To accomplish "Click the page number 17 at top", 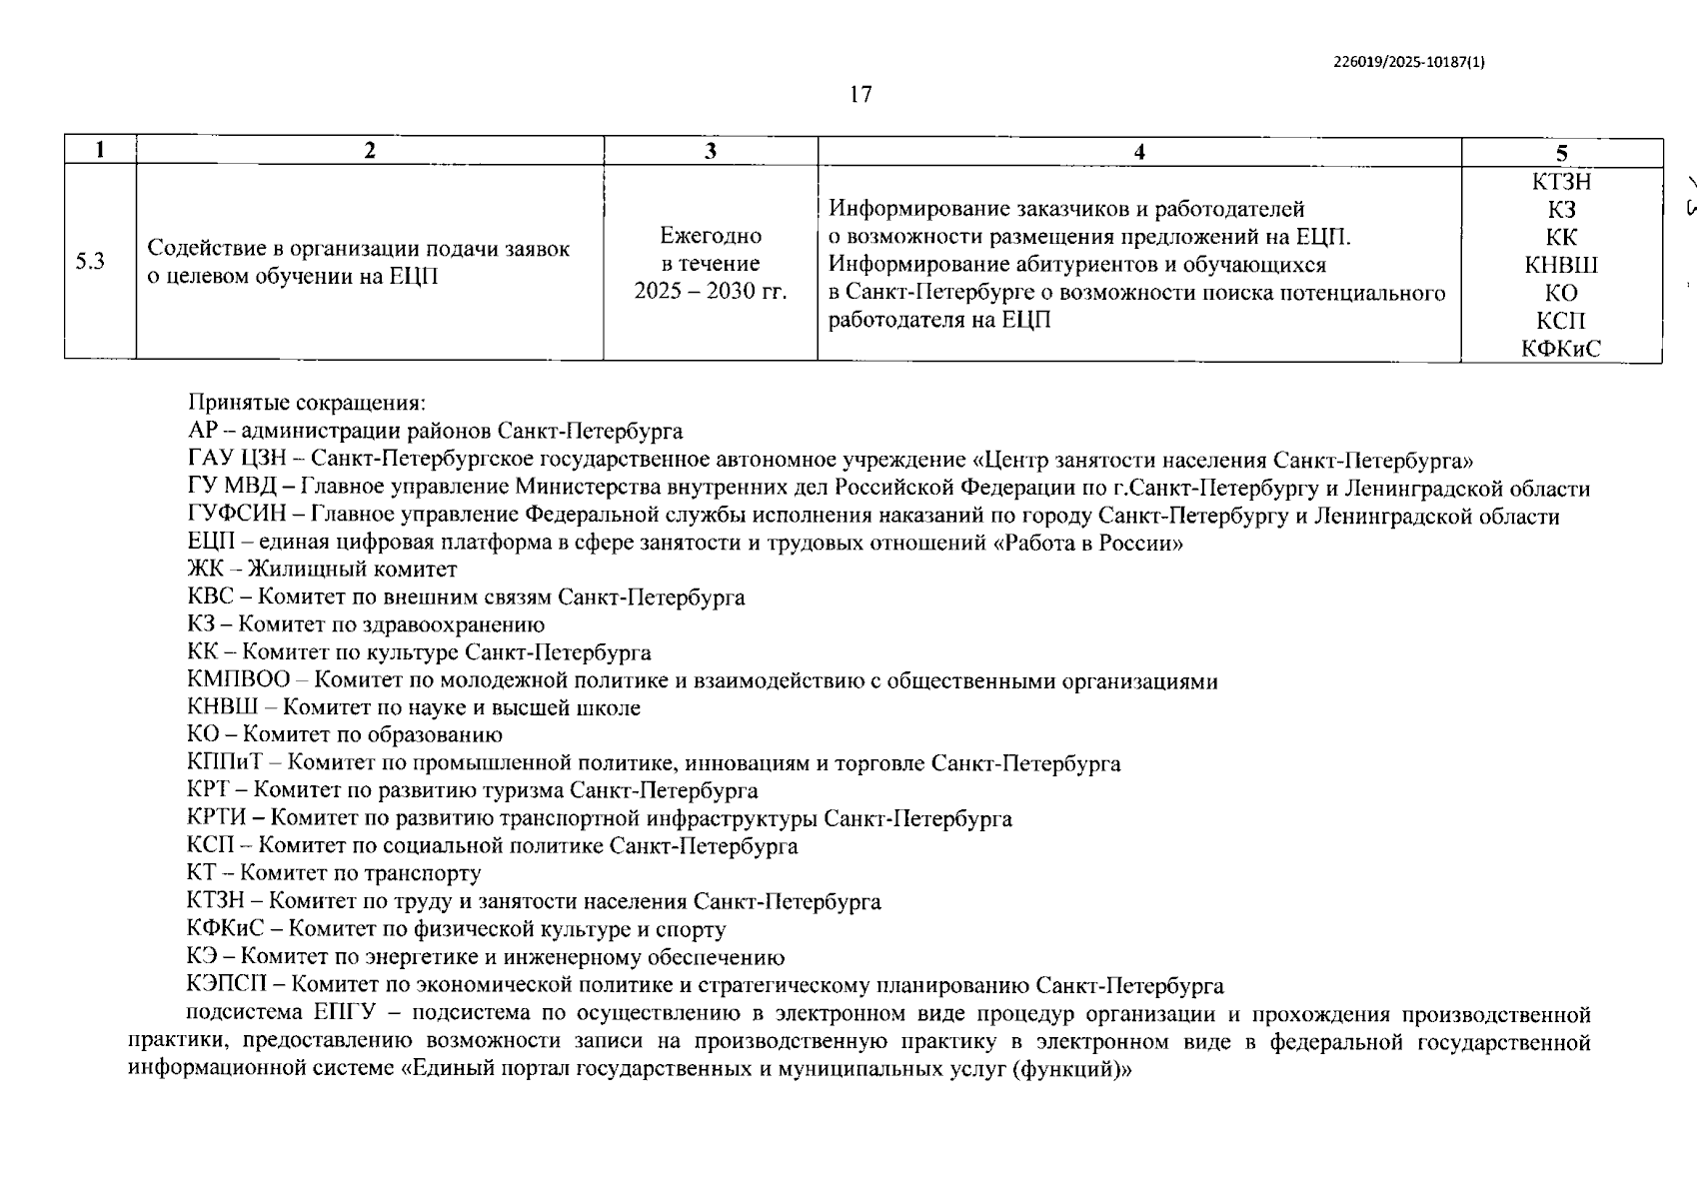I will click(859, 95).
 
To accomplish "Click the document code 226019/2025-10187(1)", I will click(1409, 61).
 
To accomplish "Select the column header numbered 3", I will click(710, 151).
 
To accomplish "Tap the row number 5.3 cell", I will click(90, 263).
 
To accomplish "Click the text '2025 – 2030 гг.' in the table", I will click(711, 291).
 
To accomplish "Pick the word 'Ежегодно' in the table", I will click(711, 236).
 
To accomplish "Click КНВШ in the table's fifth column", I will click(1561, 265).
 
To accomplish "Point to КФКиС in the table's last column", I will click(1561, 348).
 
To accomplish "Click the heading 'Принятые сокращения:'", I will click(307, 404).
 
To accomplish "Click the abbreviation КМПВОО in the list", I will click(238, 680).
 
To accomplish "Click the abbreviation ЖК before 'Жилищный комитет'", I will click(206, 570).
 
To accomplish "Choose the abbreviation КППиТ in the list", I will click(229, 763).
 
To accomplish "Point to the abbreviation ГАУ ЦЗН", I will click(236, 460).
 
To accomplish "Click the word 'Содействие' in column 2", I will click(201, 249).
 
